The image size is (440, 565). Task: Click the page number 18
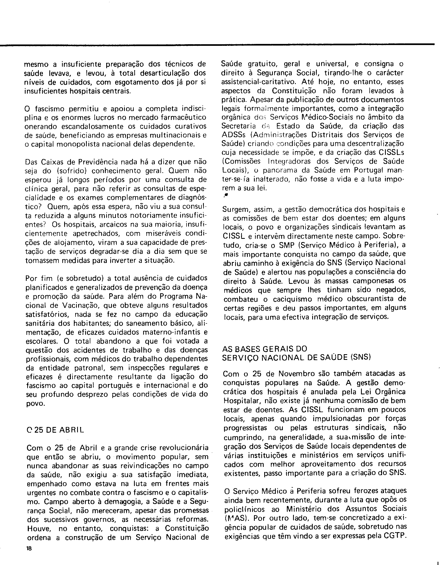click(29, 548)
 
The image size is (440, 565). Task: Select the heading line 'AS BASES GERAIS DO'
click(264, 349)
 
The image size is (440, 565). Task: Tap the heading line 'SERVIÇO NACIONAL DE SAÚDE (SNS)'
click(297, 357)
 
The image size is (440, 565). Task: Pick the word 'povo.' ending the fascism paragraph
click(35, 404)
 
